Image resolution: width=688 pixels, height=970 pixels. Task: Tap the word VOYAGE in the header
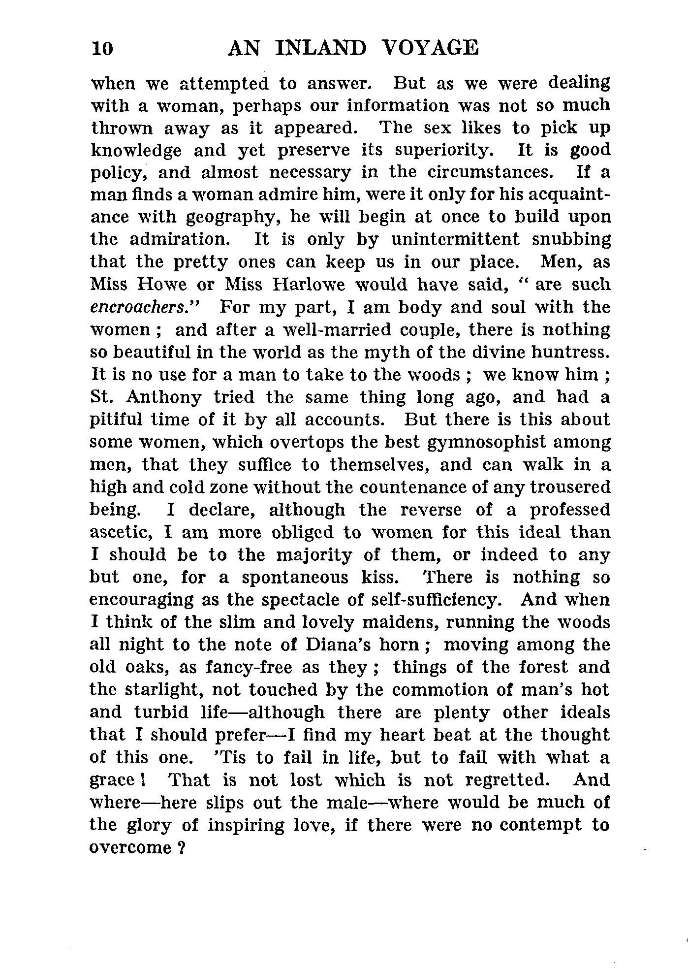430,48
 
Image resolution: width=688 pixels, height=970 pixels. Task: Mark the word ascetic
121,533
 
